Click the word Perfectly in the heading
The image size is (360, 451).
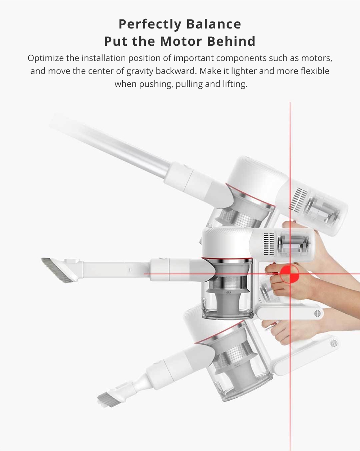tap(148, 24)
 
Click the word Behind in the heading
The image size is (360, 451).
tap(231, 41)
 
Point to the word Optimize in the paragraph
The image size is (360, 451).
tap(46, 58)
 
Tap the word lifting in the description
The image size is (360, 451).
tap(234, 84)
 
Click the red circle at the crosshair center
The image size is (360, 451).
tap(290, 274)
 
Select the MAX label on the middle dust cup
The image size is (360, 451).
tap(228, 293)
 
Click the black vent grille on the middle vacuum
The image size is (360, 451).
tap(268, 242)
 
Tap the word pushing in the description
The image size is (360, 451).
tap(155, 84)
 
